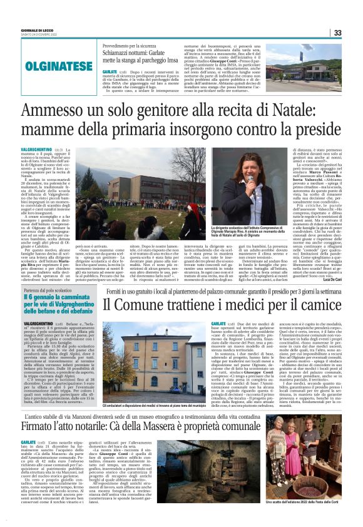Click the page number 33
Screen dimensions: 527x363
point(337,33)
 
